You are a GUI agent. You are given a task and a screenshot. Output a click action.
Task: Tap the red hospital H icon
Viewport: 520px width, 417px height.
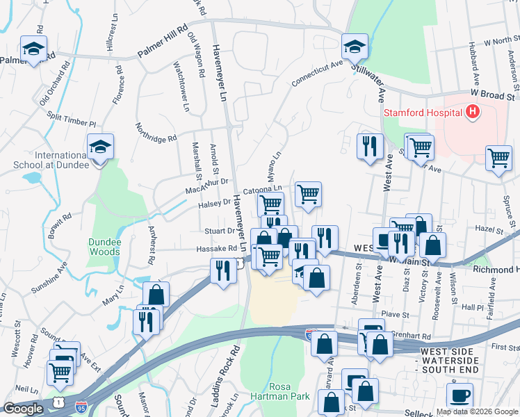coord(472,111)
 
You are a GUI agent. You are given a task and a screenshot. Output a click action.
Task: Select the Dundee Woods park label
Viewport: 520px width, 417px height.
coord(104,247)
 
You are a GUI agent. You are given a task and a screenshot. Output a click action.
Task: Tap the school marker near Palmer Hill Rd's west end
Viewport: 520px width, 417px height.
coord(32,49)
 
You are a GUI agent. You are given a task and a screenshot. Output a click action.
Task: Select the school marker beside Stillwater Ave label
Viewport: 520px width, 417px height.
coord(355,47)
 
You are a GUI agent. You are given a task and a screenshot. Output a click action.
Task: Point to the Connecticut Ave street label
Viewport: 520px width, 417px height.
coord(318,72)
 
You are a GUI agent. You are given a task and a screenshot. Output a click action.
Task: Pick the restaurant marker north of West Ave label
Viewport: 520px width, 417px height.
coord(368,147)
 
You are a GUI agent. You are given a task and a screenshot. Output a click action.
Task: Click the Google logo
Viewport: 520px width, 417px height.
coord(24,409)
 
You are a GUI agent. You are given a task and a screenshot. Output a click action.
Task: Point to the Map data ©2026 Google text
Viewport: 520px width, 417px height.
coord(476,411)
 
